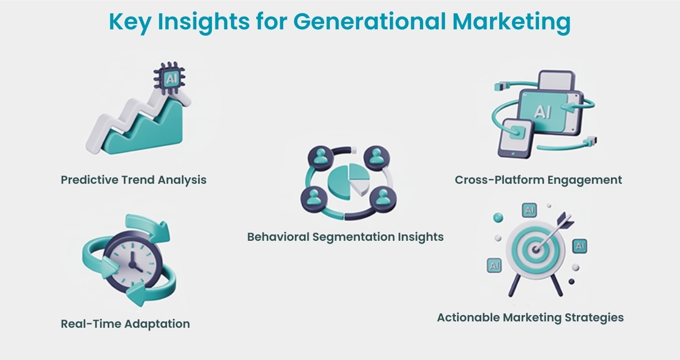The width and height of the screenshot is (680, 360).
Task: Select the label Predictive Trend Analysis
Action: [134, 180]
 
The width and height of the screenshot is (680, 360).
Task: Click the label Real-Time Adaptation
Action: [126, 324]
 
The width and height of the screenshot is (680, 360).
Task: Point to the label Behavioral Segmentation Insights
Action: [345, 237]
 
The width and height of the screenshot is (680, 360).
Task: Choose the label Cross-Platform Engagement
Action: [538, 180]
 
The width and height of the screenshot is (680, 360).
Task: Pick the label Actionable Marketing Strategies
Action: [530, 317]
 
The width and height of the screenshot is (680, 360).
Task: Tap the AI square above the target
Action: [529, 210]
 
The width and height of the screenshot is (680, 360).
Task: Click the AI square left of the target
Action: [494, 265]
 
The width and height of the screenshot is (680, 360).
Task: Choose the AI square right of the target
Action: [579, 247]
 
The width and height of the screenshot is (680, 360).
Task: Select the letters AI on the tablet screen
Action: [542, 111]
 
